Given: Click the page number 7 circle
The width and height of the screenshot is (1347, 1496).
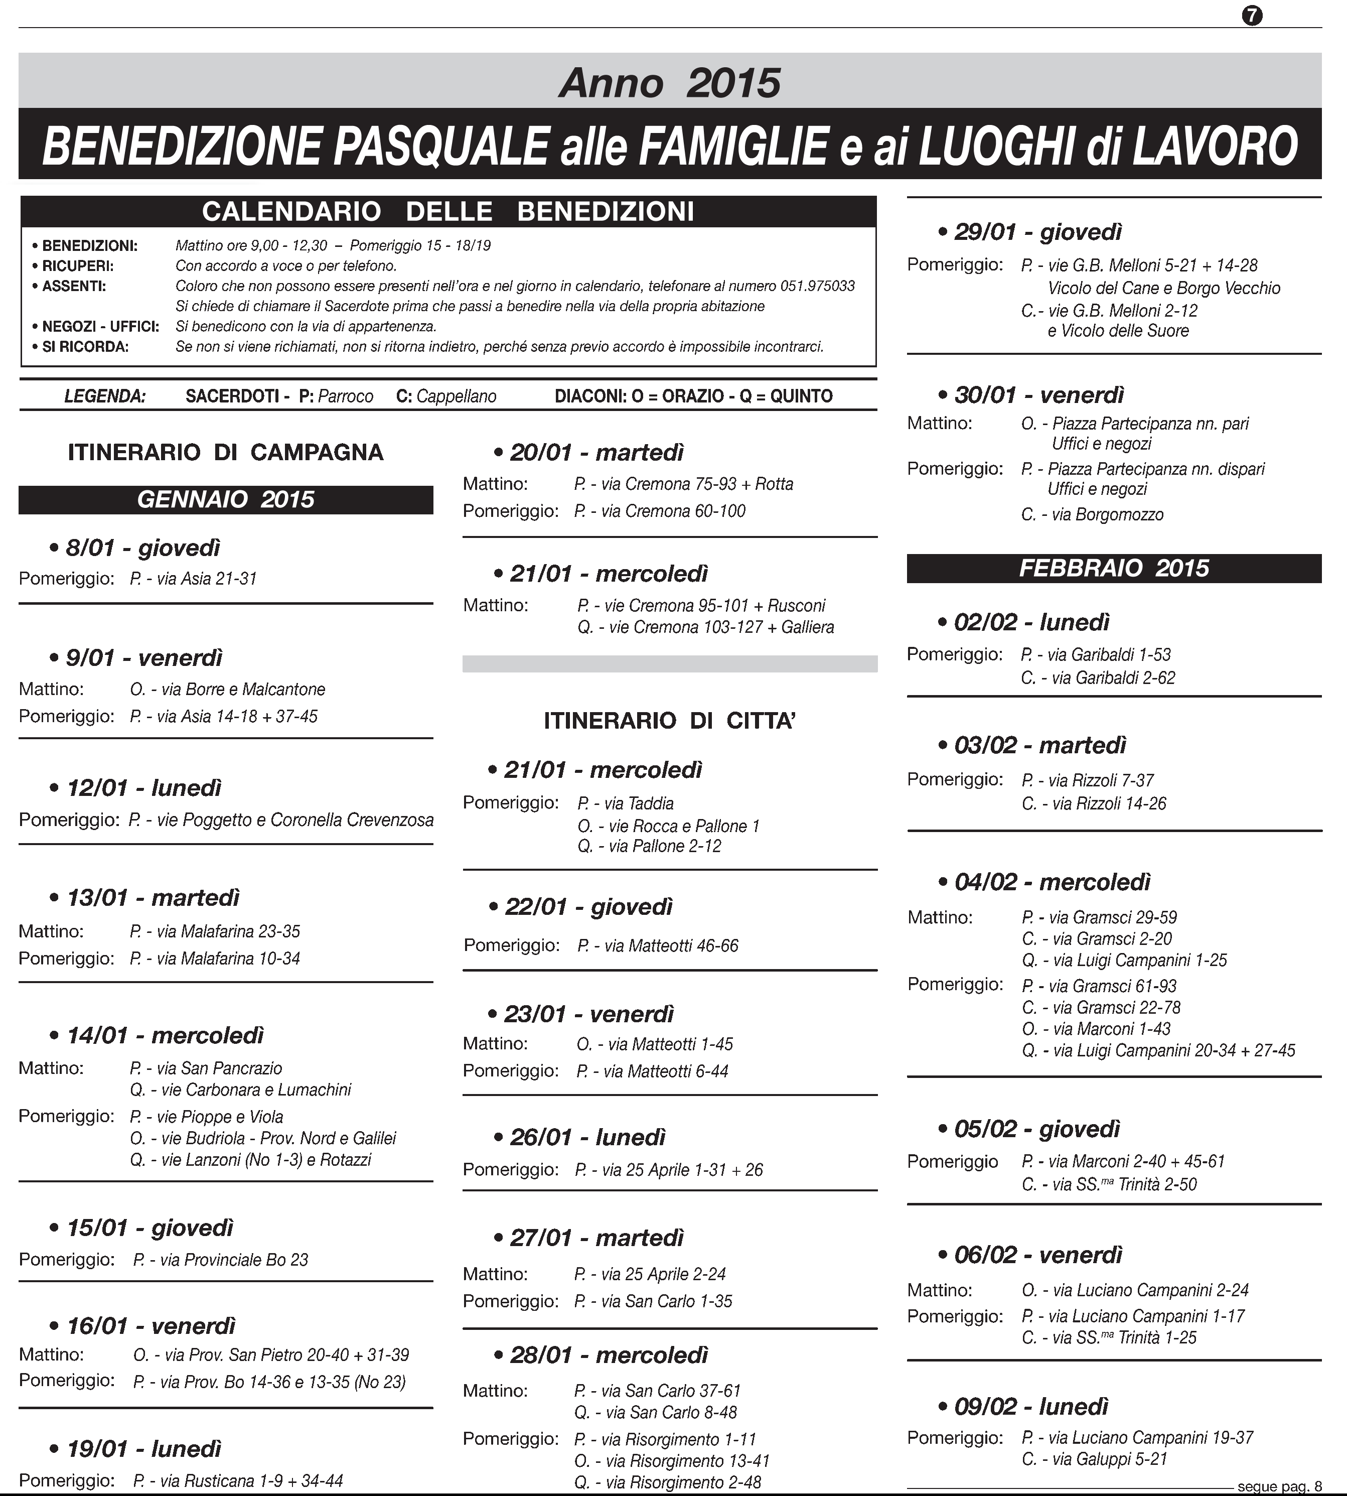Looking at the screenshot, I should coord(1252,16).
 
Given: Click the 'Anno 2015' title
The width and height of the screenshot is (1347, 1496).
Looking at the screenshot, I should coord(669,82).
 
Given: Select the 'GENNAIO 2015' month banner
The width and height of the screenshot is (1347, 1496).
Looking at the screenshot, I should coord(226,500).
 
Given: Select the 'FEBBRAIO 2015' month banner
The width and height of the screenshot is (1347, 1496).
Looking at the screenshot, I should coord(1114,568).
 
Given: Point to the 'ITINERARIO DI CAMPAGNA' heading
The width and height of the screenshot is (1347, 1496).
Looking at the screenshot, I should coord(226,452).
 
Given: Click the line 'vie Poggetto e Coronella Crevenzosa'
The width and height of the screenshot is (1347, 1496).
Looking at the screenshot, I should coord(294,820).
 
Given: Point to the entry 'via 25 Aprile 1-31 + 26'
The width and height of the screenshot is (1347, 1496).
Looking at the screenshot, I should coord(682,1170).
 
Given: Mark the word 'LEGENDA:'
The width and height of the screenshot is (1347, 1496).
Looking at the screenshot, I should coord(105,396).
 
